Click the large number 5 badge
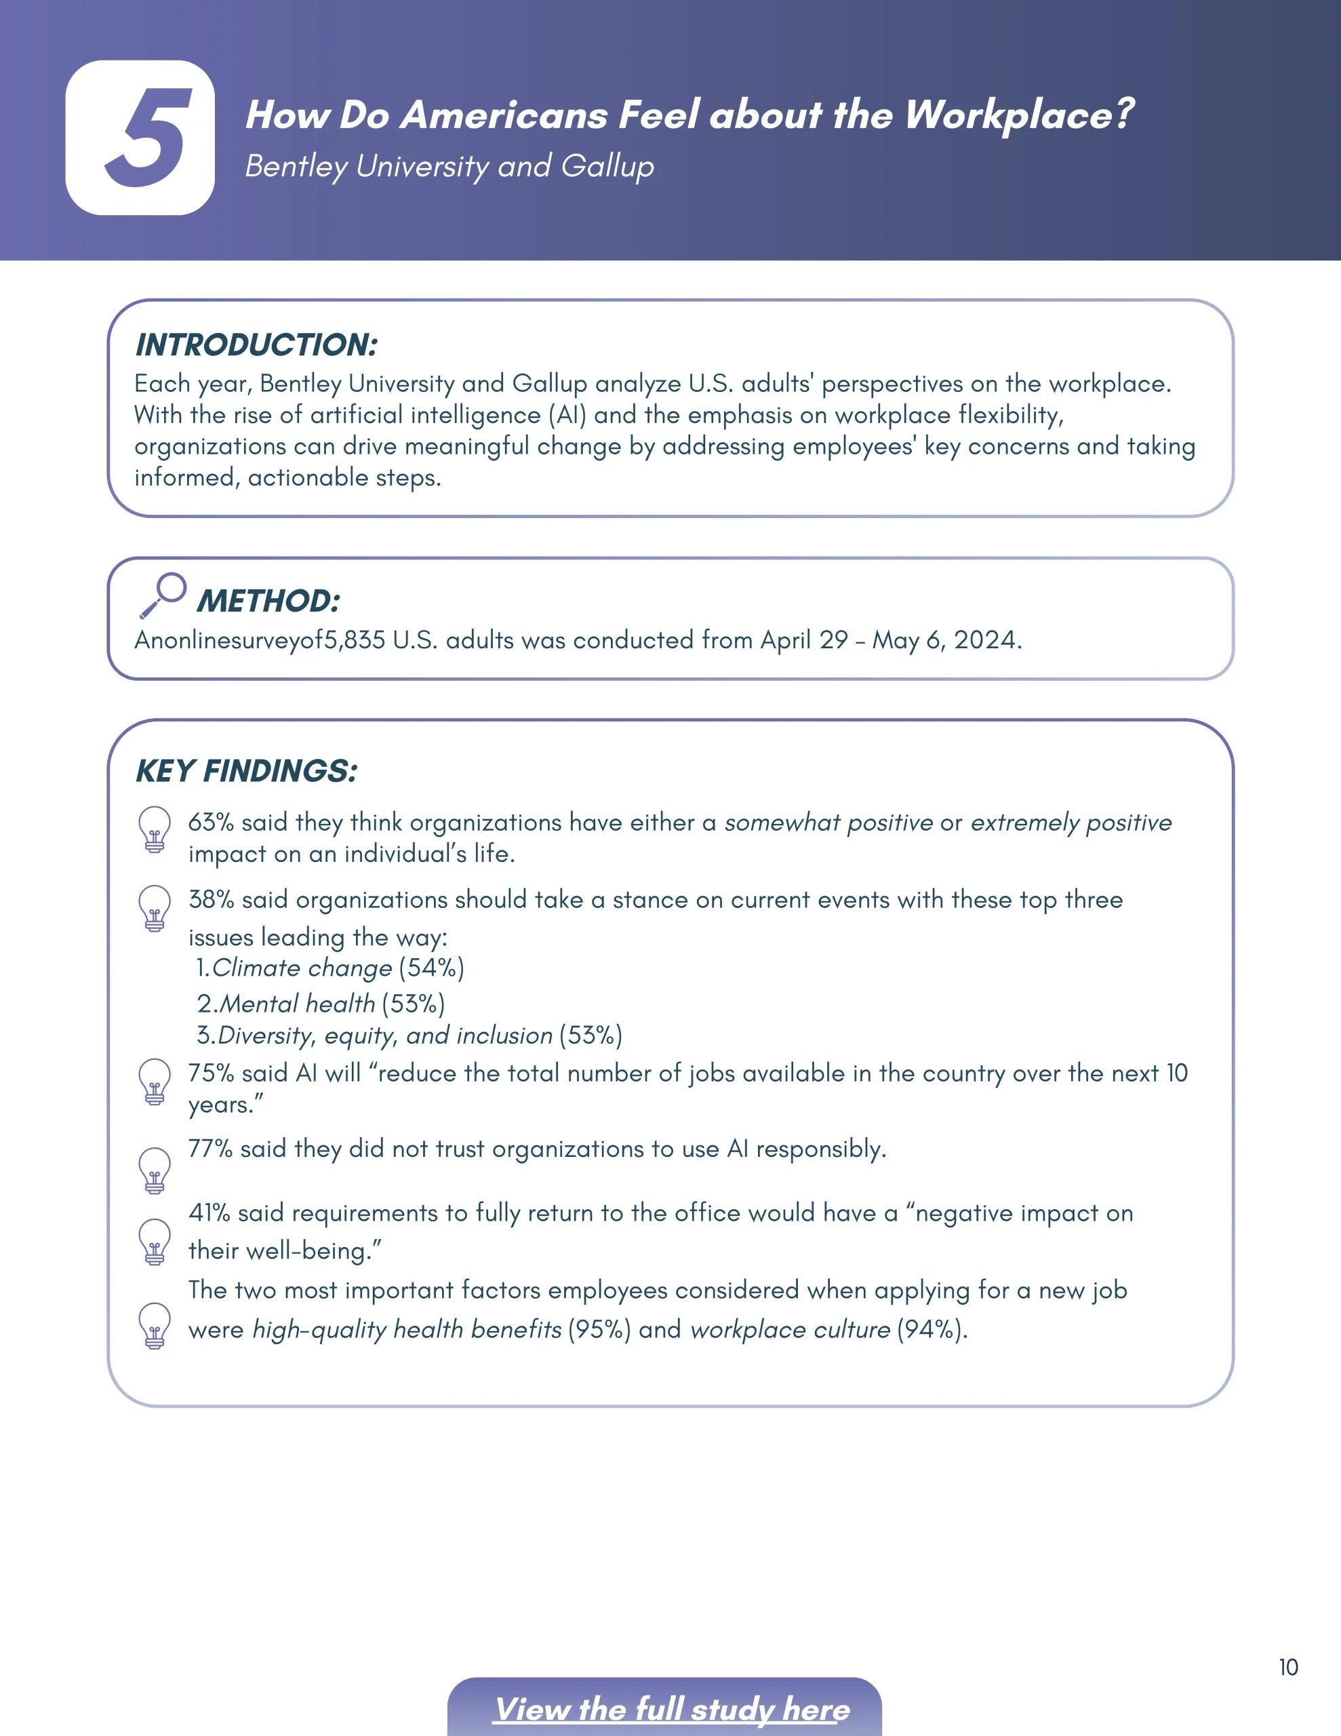click(x=140, y=138)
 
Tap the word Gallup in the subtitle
click(x=607, y=167)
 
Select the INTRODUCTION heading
click(x=256, y=345)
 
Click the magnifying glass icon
click(x=163, y=595)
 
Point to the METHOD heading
click(x=268, y=601)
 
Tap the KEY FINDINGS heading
click(x=246, y=771)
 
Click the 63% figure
click(x=211, y=823)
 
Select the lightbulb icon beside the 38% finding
click(x=155, y=908)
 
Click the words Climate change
click(x=302, y=968)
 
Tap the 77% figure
click(x=210, y=1149)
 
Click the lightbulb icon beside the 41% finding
click(x=155, y=1241)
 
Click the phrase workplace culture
click(x=790, y=1330)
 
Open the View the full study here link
click(x=672, y=1710)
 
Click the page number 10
click(x=1287, y=1668)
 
